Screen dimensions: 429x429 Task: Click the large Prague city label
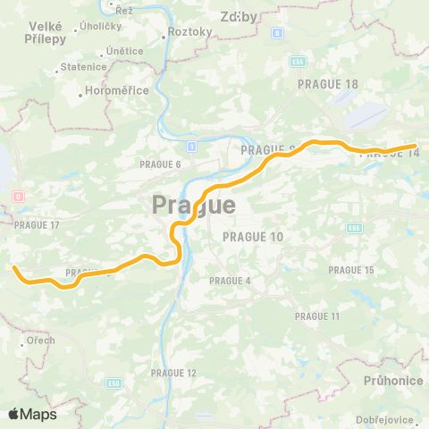pyautogui.click(x=194, y=205)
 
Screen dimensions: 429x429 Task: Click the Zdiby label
pyautogui.click(x=239, y=16)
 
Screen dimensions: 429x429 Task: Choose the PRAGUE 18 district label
pyautogui.click(x=328, y=83)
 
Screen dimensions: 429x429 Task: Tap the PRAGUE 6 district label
pyautogui.click(x=160, y=164)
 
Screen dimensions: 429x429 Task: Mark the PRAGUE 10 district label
pyautogui.click(x=252, y=237)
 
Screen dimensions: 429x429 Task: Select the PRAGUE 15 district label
pyautogui.click(x=351, y=270)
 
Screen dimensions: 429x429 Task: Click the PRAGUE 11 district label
pyautogui.click(x=317, y=316)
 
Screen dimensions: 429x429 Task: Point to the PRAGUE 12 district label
pyautogui.click(x=173, y=373)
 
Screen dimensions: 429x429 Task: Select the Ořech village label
pyautogui.click(x=39, y=341)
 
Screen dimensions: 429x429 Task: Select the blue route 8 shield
pyautogui.click(x=277, y=33)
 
